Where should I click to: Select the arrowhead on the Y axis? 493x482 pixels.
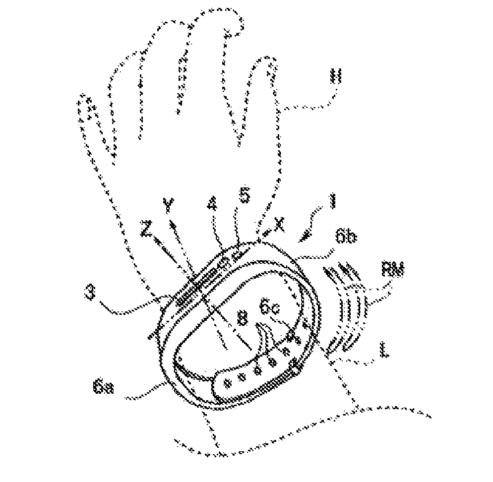173,226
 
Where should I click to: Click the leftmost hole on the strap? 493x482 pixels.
227,381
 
